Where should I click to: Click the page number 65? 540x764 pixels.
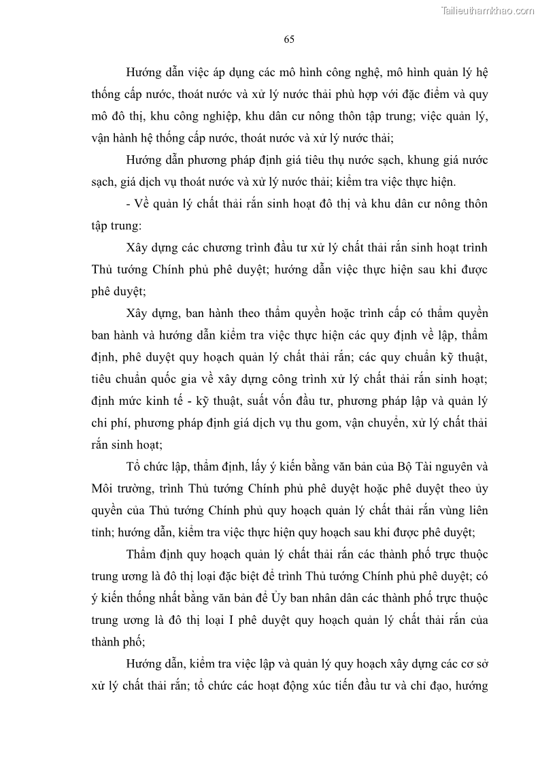pos(288,39)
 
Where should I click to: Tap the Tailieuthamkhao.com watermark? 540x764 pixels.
pos(488,10)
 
